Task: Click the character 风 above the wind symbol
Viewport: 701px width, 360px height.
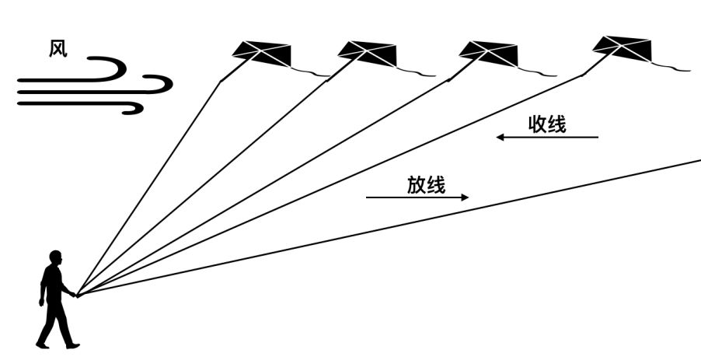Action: click(58, 49)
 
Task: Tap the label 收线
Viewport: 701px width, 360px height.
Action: click(547, 124)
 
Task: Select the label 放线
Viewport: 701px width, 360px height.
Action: click(426, 185)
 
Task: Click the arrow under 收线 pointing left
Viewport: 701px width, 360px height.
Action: click(547, 138)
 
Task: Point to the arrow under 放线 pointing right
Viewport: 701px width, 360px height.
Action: click(417, 197)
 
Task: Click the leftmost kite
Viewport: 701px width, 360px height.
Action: click(262, 51)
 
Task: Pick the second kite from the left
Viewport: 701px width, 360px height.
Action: click(368, 51)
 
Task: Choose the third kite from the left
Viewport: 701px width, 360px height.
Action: click(488, 51)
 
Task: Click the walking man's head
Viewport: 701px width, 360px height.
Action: click(55, 257)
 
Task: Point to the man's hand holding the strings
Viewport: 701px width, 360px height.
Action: click(74, 294)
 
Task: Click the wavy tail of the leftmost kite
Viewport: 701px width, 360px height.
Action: click(311, 72)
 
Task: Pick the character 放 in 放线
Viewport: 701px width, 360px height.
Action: click(417, 185)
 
